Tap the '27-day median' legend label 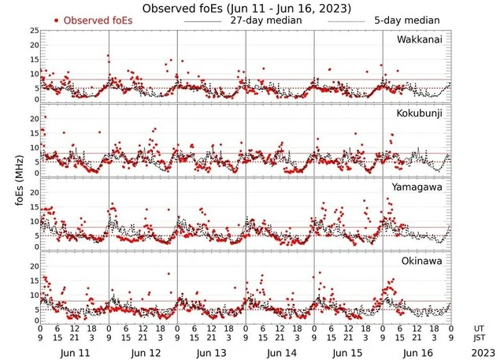point(266,20)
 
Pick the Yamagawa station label point(417,187)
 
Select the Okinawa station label point(421,260)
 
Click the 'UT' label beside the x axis point(479,328)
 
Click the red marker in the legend point(57,20)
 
